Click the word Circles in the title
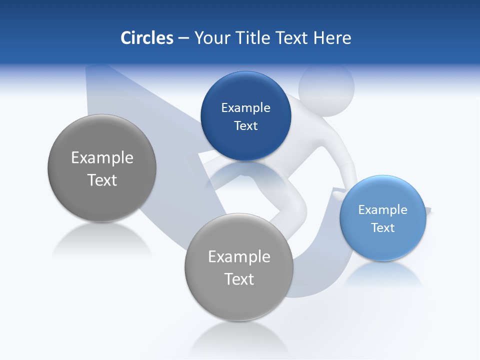pos(146,38)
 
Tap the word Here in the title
pos(332,38)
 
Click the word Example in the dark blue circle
pos(245,107)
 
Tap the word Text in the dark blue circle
pos(245,125)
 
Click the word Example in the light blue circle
pos(382,209)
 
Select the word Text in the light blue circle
pos(382,227)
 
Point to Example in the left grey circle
pos(102,158)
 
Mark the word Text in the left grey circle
pos(102,180)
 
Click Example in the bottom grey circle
pos(239,257)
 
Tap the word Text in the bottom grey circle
pos(239,279)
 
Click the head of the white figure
pos(326,86)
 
